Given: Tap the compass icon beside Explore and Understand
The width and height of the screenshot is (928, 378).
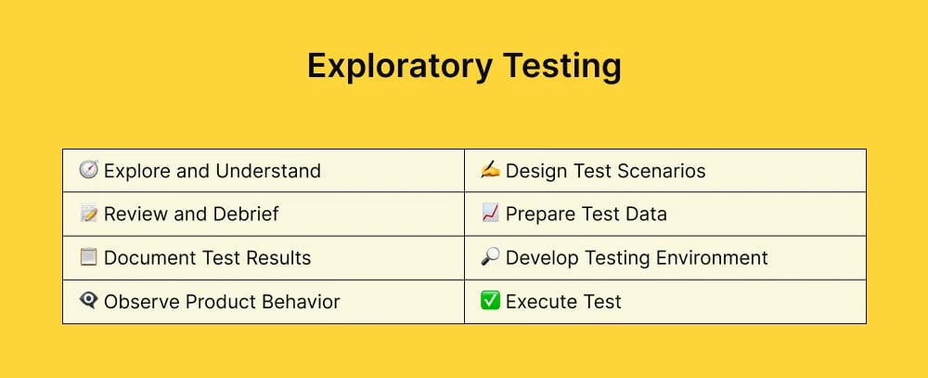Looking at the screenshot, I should pyautogui.click(x=89, y=170).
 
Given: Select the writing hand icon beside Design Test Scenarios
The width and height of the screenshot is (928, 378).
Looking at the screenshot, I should pyautogui.click(x=490, y=170).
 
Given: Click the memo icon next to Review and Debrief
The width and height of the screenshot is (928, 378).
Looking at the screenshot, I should pyautogui.click(x=89, y=214).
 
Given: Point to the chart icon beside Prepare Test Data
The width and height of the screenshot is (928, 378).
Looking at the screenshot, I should pyautogui.click(x=490, y=214).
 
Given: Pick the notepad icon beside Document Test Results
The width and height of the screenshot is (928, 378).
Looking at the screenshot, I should pyautogui.click(x=89, y=257).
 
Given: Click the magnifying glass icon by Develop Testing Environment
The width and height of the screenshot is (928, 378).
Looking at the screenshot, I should pyautogui.click(x=490, y=257).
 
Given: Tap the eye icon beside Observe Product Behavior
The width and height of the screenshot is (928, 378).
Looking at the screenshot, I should pyautogui.click(x=89, y=301).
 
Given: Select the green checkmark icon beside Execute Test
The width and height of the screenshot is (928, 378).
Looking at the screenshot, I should pyautogui.click(x=490, y=301).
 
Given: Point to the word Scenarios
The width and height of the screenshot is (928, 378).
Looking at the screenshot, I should pyautogui.click(x=660, y=171).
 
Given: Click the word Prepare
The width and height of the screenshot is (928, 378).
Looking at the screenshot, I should pyautogui.click(x=540, y=215).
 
